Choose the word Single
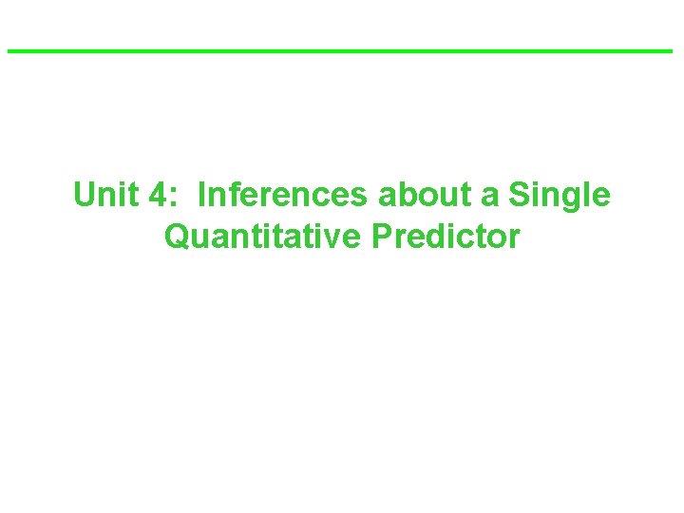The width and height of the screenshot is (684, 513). (x=560, y=197)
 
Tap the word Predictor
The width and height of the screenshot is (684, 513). (x=446, y=236)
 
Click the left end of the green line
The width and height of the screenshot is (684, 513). (x=9, y=50)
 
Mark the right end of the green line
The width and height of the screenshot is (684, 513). (x=671, y=50)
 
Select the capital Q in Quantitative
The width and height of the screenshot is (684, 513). (x=177, y=237)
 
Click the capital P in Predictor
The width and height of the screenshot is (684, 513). (x=382, y=236)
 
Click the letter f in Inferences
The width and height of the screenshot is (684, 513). (x=237, y=195)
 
